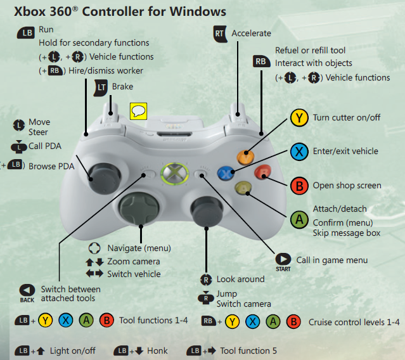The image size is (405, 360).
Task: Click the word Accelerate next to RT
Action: [251, 33]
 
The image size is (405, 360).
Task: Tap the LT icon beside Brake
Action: [101, 87]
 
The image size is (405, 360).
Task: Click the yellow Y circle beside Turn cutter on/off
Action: [299, 118]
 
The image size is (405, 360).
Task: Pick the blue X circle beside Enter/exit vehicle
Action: [299, 151]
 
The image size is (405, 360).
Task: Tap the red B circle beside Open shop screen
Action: [299, 186]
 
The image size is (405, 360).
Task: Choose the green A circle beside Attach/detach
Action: [299, 219]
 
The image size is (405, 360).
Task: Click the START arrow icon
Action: [283, 259]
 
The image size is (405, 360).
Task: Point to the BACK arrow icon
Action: [27, 290]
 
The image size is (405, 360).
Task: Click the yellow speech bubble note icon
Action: [138, 112]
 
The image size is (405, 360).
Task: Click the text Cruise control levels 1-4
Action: [354, 321]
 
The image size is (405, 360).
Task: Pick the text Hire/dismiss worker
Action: [107, 70]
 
